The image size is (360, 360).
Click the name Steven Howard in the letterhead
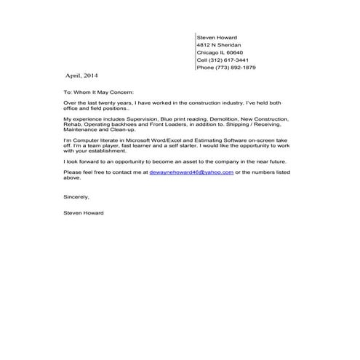pyautogui.click(x=217, y=37)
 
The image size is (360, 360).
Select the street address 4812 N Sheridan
pyautogui.click(x=219, y=45)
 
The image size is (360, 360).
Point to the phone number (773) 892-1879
pyautogui.click(x=236, y=68)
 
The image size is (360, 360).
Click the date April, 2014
pyautogui.click(x=81, y=76)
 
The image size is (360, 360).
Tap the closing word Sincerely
pyautogui.click(x=76, y=196)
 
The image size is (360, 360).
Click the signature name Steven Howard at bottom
pyautogui.click(x=84, y=212)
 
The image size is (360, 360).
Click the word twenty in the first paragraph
pyautogui.click(x=100, y=104)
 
